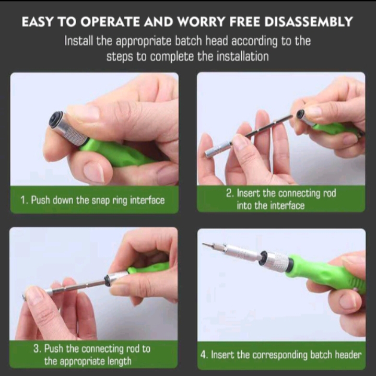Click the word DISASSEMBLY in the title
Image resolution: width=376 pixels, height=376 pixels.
point(309,21)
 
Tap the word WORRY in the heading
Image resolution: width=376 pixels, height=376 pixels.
point(201,21)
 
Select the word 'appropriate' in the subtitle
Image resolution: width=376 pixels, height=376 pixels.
point(144,41)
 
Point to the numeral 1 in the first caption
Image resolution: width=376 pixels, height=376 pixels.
point(23,200)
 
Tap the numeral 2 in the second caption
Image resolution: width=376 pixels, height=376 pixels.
point(229,193)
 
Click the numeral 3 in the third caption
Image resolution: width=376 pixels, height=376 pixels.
point(37,349)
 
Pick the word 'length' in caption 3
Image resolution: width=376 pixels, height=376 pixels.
point(119,361)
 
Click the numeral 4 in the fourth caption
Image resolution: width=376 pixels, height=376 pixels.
point(204,355)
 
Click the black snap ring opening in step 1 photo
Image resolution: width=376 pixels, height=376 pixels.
point(56,120)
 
